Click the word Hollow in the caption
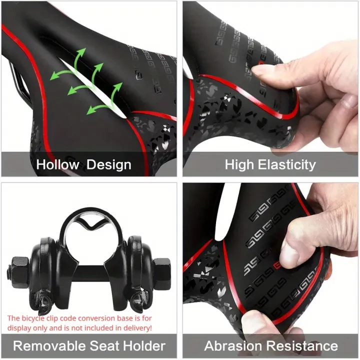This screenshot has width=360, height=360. pyautogui.click(x=57, y=164)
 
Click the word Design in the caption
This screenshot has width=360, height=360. pyautogui.click(x=109, y=165)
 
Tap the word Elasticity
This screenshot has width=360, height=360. pyautogui.click(x=287, y=165)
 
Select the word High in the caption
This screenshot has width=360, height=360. pyautogui.click(x=239, y=165)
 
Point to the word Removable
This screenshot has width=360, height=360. pyautogui.click(x=49, y=346)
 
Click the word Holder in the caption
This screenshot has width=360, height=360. pyautogui.click(x=144, y=346)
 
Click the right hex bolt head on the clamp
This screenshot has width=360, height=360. pyautogui.click(x=161, y=273)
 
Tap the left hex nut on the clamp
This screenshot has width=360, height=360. pyautogui.click(x=19, y=273)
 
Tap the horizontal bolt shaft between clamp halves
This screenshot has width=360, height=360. pyautogui.click(x=91, y=271)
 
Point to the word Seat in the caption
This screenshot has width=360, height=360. pyautogui.click(x=104, y=346)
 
